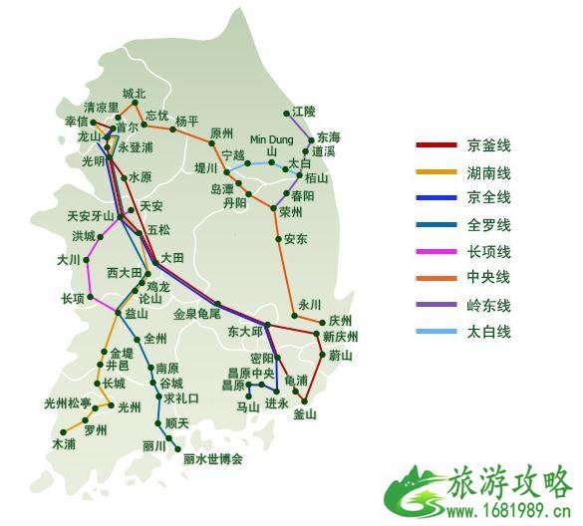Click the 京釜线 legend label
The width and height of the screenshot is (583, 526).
pyautogui.click(x=488, y=144)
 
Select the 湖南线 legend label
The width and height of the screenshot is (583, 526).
pyautogui.click(x=488, y=171)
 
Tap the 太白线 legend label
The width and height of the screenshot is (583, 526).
pyautogui.click(x=488, y=332)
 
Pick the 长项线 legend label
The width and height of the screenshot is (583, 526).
pyautogui.click(x=488, y=251)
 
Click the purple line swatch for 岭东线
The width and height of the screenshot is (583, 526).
pyautogui.click(x=434, y=305)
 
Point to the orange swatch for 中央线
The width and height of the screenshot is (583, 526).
pyautogui.click(x=434, y=278)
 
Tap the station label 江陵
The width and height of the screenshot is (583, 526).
pyautogui.click(x=304, y=112)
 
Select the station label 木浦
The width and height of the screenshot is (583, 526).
pyautogui.click(x=64, y=443)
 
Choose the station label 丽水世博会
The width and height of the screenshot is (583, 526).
pyautogui.click(x=213, y=460)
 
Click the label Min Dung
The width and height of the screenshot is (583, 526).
pyautogui.click(x=271, y=138)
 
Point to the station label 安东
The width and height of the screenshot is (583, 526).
pyautogui.click(x=296, y=239)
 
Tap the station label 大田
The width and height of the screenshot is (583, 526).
pyautogui.click(x=172, y=258)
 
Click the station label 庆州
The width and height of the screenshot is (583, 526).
pyautogui.click(x=341, y=321)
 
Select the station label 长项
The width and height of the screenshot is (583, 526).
pyautogui.click(x=73, y=298)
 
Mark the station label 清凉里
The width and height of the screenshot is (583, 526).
pyautogui.click(x=102, y=107)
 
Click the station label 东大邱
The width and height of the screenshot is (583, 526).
pyautogui.click(x=245, y=331)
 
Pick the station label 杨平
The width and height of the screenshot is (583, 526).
pyautogui.click(x=187, y=121)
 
